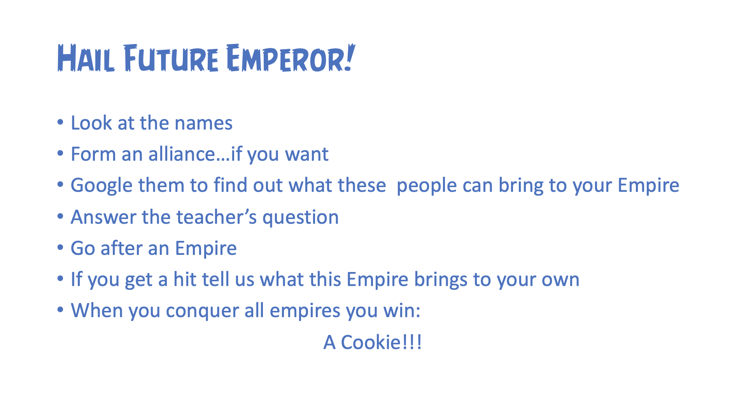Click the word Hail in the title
coord(86,58)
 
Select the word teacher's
coord(217,217)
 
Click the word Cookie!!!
coord(381,342)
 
